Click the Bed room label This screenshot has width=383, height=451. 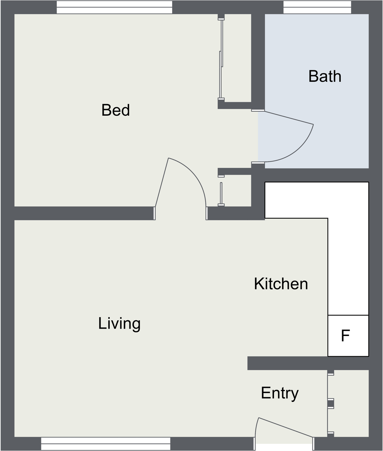tap(115, 110)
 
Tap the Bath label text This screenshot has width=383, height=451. tap(325, 76)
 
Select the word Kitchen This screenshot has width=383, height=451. tap(281, 284)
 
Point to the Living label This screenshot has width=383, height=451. tap(119, 324)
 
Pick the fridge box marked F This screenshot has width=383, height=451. tap(348, 336)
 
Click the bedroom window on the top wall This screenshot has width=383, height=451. tap(114, 7)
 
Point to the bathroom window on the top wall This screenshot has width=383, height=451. tap(317, 7)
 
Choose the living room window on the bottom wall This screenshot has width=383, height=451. tap(106, 444)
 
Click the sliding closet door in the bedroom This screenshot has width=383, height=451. tap(221, 59)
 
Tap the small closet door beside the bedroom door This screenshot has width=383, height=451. tap(221, 193)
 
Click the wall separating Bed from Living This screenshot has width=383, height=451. tap(84, 213)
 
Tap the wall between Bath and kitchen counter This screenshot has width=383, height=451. tap(316, 175)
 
